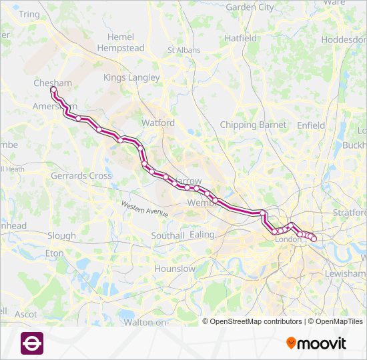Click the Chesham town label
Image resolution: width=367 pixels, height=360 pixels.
tap(53, 83)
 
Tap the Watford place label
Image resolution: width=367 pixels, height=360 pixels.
tap(158, 123)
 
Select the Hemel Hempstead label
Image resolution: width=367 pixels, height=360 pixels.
tap(120, 43)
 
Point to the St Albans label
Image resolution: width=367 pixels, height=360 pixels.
tap(183, 49)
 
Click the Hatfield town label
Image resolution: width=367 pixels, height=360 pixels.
tap(240, 39)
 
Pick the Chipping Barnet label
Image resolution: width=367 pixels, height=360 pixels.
tap(253, 125)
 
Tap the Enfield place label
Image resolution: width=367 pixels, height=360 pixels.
tap(311, 125)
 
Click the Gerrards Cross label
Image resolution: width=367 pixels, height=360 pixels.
tap(81, 176)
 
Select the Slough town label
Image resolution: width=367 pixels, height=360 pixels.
tap(61, 235)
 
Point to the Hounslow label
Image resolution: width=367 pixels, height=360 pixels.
tap(175, 269)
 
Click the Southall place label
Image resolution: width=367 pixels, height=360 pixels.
tap(167, 235)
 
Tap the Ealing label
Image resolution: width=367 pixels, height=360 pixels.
tap(202, 235)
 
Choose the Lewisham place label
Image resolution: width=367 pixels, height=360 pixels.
tap(344, 273)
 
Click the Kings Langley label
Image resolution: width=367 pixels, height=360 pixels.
tap(131, 77)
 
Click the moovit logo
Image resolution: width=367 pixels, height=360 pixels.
tap(316, 343)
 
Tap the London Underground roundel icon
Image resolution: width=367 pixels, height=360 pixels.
tap(32, 343)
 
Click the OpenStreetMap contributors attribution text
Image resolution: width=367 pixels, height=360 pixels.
tap(256, 321)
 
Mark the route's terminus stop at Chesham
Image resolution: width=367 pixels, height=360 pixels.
tap(53, 89)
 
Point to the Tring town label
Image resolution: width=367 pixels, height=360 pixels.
tap(29, 14)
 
